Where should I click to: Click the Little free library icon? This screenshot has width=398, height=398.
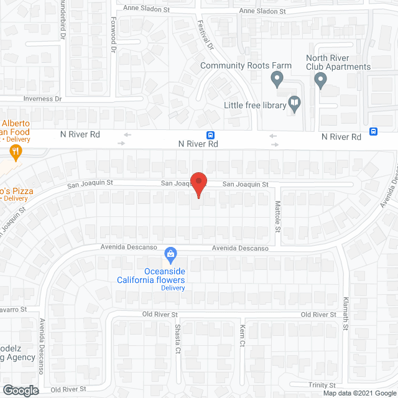[294, 104]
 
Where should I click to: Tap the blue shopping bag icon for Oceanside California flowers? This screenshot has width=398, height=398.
[169, 254]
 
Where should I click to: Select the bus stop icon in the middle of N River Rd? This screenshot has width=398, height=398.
[211, 136]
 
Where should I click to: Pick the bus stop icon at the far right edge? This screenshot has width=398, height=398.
[373, 131]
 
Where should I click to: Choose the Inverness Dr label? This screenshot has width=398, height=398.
[43, 99]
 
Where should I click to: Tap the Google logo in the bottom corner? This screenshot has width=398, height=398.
[20, 391]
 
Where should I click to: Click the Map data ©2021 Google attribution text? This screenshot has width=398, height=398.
[359, 393]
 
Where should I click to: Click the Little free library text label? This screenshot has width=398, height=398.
[255, 105]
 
